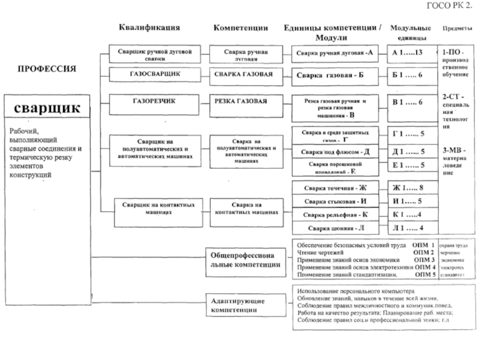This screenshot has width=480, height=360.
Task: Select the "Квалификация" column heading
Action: [x=149, y=28]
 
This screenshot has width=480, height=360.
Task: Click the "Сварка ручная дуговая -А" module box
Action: [x=335, y=53]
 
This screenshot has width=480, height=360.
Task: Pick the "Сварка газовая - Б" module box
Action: [x=334, y=76]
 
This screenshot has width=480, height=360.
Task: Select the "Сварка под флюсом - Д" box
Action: [x=335, y=152]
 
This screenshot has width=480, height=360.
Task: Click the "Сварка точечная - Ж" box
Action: [x=335, y=188]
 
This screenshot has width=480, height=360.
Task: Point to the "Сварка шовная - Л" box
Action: [x=335, y=228]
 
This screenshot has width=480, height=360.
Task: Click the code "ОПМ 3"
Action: [x=424, y=260]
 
